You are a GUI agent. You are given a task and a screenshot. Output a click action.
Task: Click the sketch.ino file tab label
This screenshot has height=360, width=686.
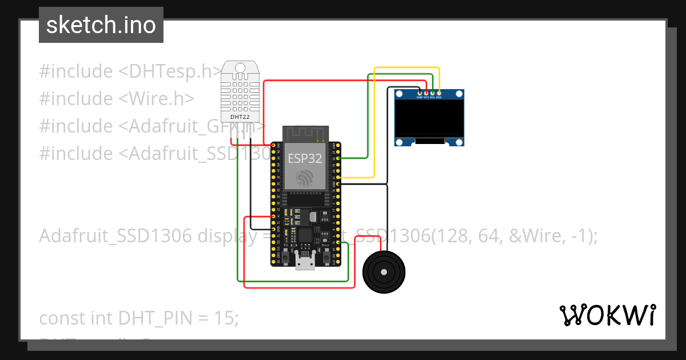pos(101,25)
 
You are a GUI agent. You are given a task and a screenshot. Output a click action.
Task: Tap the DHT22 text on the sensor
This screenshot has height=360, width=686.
pos(240,117)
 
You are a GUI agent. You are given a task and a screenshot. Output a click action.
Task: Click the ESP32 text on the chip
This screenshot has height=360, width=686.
pos(304,158)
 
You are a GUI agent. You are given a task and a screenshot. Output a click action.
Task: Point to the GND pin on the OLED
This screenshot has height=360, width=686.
pos(420,93)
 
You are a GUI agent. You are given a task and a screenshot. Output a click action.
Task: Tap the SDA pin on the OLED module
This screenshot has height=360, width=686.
pos(439,93)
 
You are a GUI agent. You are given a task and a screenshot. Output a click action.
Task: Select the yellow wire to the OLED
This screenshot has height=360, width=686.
pos(406,69)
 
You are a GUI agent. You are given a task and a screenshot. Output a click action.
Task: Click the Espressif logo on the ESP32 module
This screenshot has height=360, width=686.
pos(304,178)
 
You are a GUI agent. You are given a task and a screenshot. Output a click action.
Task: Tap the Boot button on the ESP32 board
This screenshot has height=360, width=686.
pos(326,259)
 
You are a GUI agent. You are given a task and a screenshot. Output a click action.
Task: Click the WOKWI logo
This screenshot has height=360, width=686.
pos(607,315)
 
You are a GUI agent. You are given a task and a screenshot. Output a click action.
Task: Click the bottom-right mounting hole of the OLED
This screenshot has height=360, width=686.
pos(459,141)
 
